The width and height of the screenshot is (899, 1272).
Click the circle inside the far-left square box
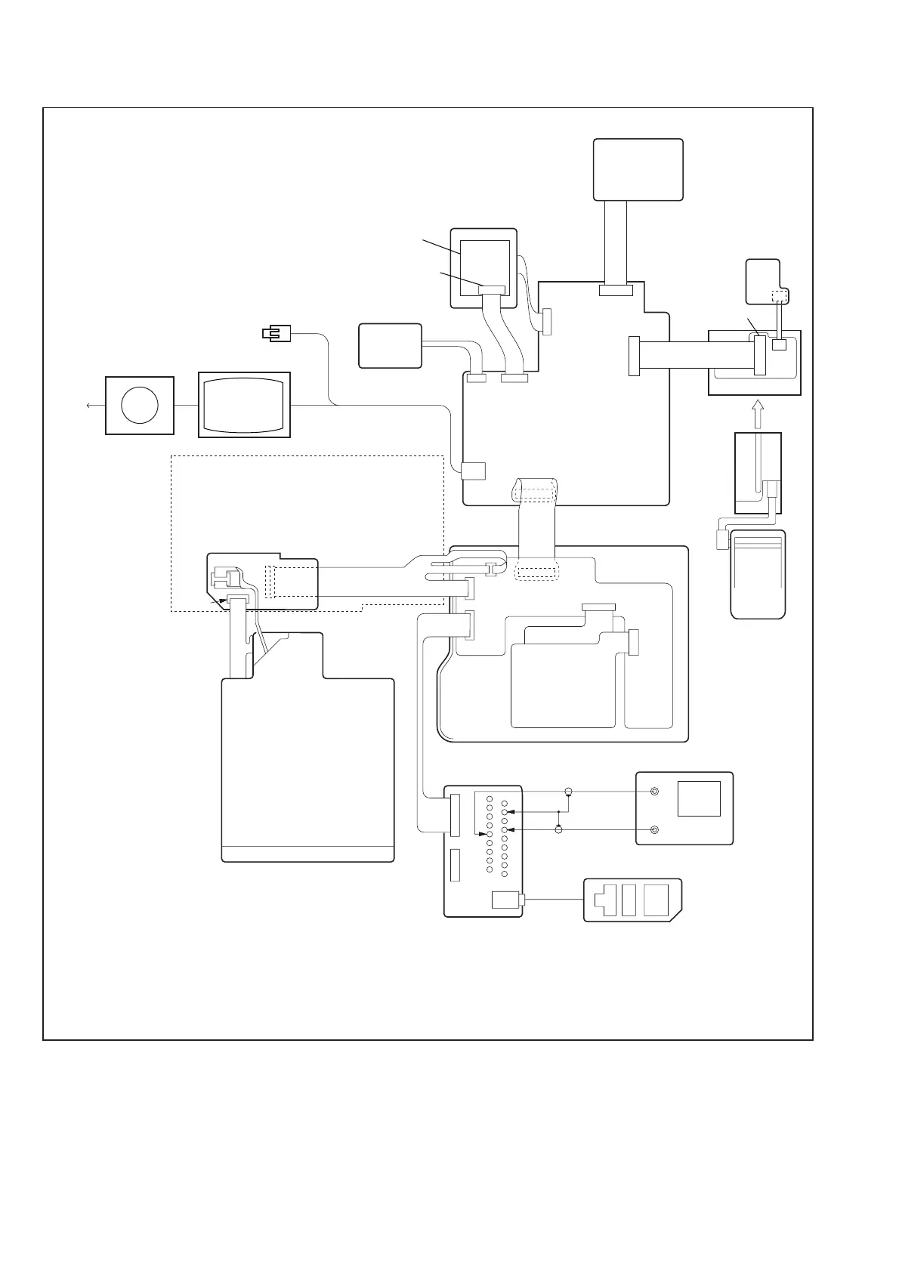pos(139,405)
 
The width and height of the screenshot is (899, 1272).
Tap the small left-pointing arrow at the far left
pos(89,405)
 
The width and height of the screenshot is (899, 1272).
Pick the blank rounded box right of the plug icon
pos(390,346)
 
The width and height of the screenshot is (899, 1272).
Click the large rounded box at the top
pos(638,169)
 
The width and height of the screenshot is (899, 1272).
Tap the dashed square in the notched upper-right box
pos(778,295)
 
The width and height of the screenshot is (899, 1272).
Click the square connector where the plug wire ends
pos(473,471)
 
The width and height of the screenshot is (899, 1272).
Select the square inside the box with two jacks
pos(698,798)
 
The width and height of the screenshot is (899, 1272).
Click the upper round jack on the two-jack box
pos(654,792)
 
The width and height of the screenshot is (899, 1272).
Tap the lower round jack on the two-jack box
pos(654,830)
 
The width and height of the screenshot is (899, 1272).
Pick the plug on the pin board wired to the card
pos(505,900)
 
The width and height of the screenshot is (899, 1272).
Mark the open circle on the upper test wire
pos(569,792)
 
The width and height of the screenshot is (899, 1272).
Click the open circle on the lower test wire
pos(558,830)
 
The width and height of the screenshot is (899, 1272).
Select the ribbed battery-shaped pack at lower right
pos(758,574)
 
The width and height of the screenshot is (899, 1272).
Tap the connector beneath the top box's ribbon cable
pos(616,291)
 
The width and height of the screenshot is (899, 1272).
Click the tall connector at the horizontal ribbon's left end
pos(634,356)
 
